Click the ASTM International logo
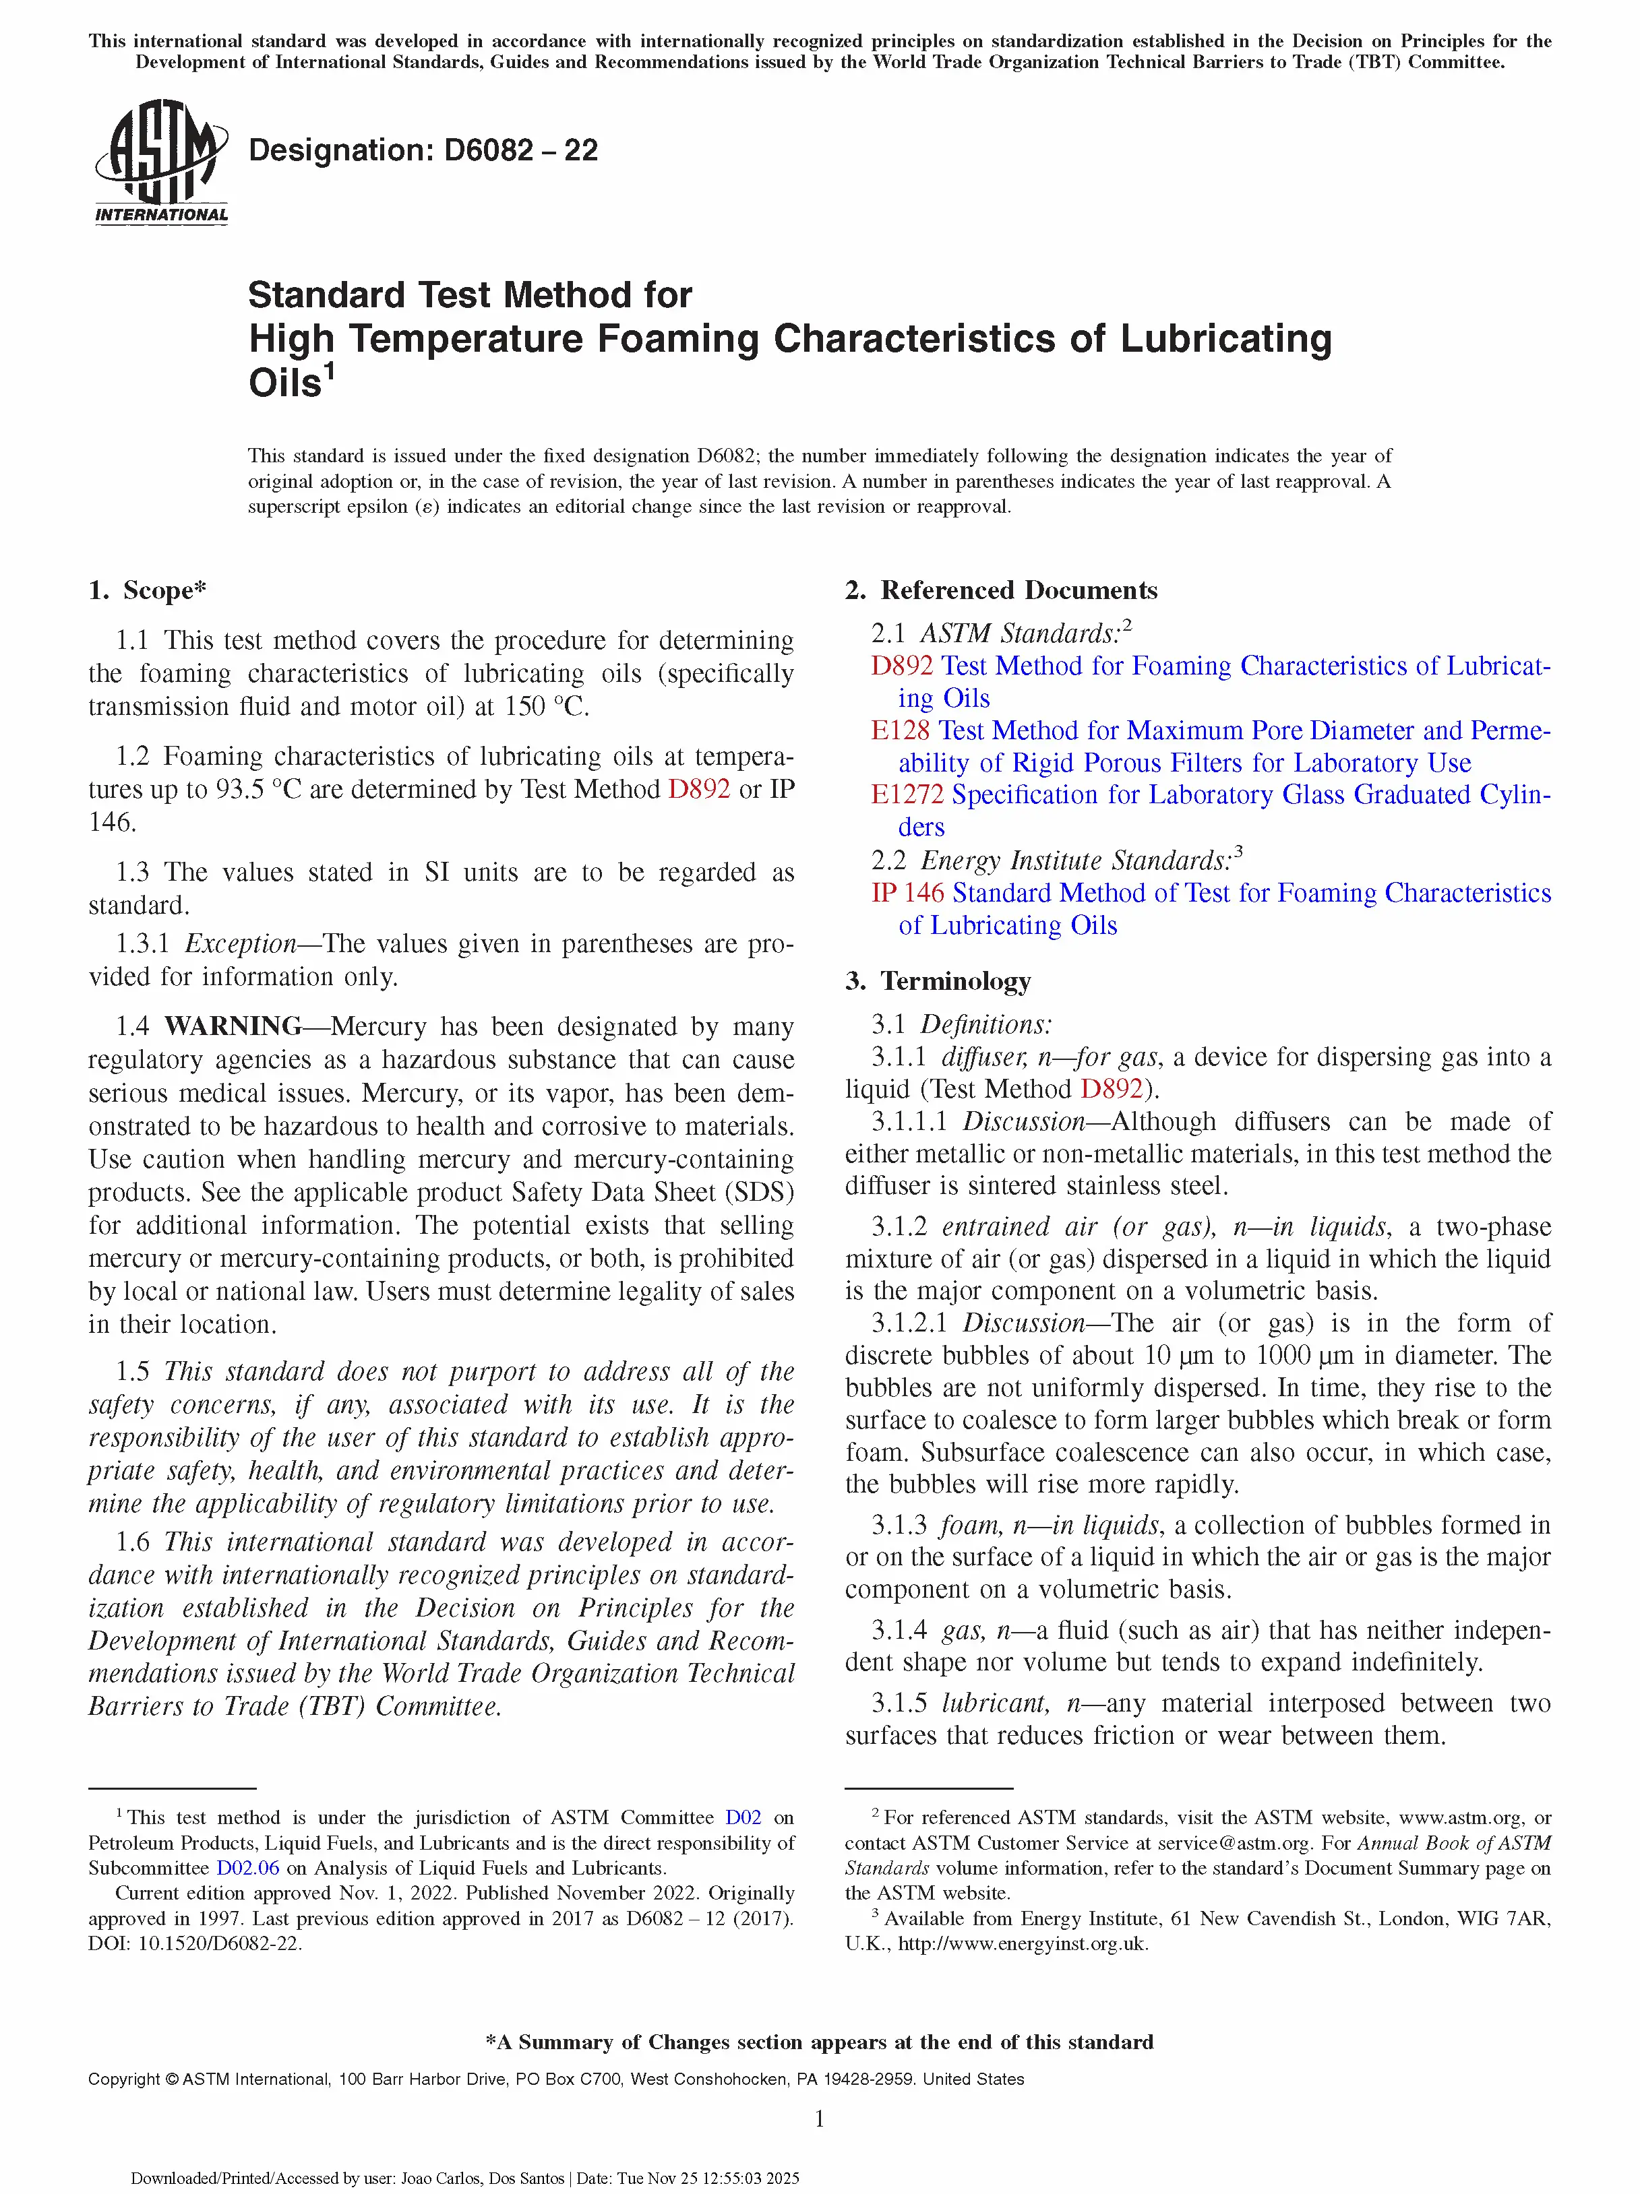[160, 162]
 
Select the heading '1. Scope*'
[147, 590]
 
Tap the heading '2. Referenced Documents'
[1000, 590]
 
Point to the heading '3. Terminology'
[938, 981]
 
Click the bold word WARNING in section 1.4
[233, 1026]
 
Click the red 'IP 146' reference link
[907, 893]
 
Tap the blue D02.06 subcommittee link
[247, 1868]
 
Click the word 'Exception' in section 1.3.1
[240, 943]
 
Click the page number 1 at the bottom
[820, 2119]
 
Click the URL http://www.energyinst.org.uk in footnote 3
[1022, 1943]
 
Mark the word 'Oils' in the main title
[284, 383]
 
